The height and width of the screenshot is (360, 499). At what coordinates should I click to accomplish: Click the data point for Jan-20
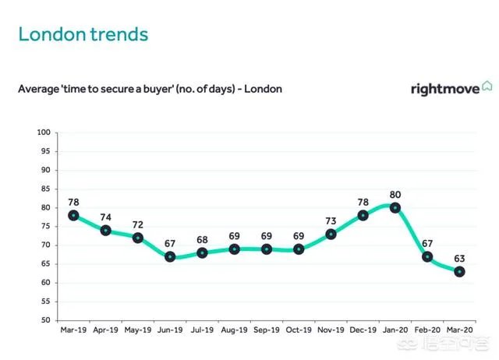pos(395,208)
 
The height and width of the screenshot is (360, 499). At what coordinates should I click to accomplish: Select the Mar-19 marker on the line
pos(73,215)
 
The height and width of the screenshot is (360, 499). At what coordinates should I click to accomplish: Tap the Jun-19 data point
pos(169,256)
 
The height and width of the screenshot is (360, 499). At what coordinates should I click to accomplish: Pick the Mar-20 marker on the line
pos(459,272)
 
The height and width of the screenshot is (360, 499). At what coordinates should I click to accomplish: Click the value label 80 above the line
pos(395,194)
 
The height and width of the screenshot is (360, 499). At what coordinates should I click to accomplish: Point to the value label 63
pos(460,257)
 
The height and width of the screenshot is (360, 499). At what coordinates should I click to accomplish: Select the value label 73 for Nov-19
pos(331,221)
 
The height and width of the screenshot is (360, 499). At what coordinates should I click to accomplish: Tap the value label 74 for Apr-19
pos(105,217)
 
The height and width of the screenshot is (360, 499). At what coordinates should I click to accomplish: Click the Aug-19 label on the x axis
pos(234,330)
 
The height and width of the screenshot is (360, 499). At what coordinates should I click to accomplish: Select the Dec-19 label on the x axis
pos(363,330)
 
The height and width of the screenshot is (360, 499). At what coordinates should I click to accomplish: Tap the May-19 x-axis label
pos(137,330)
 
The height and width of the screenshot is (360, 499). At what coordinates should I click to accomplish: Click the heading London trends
pos(83,34)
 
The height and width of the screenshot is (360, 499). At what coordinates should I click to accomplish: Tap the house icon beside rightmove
pos(487,86)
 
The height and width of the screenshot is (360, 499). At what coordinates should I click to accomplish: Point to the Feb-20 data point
pos(427,256)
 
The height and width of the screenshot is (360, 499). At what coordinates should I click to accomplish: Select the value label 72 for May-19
pos(137,224)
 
